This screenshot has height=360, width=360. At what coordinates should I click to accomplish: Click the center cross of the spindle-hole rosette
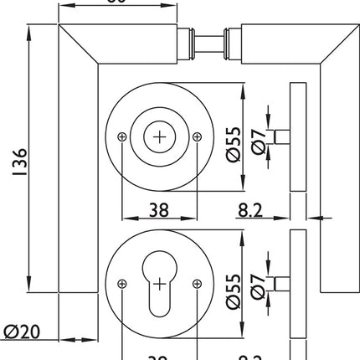click(158, 136)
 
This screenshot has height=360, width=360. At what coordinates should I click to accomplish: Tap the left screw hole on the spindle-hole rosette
click(122, 136)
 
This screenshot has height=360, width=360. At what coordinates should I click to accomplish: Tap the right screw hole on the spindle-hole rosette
click(194, 136)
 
